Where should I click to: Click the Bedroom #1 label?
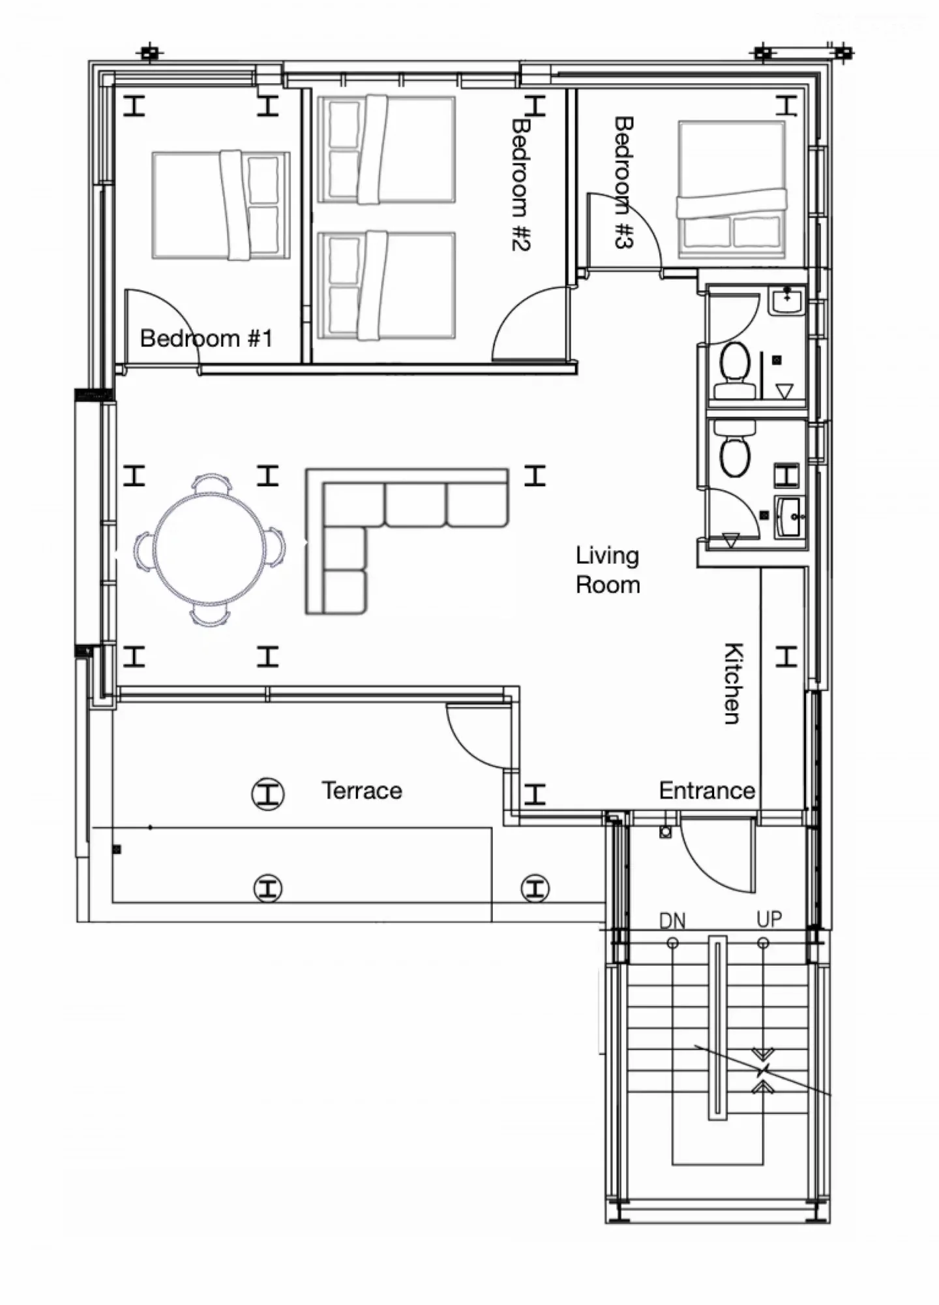pyautogui.click(x=206, y=339)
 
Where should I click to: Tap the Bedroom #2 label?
pyautogui.click(x=520, y=184)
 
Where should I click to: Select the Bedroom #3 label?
pyautogui.click(x=624, y=182)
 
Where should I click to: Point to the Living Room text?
pyautogui.click(x=608, y=570)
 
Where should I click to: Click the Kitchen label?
pyautogui.click(x=734, y=683)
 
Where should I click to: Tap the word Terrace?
pyautogui.click(x=362, y=791)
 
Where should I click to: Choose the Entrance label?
pyautogui.click(x=707, y=791)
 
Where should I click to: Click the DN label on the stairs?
pyautogui.click(x=672, y=921)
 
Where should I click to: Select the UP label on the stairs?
pyautogui.click(x=769, y=919)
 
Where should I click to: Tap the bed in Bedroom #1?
pyautogui.click(x=221, y=205)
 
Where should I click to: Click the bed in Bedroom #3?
pyautogui.click(x=731, y=189)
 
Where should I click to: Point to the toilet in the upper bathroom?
pyautogui.click(x=734, y=371)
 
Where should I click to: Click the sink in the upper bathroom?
pyautogui.click(x=787, y=301)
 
